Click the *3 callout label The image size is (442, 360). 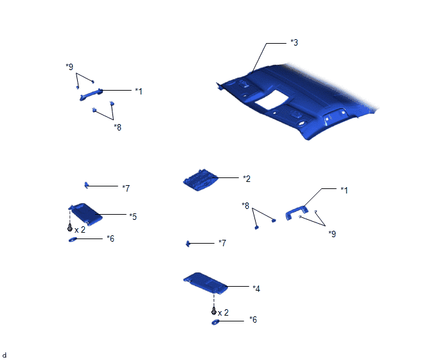coord(294,42)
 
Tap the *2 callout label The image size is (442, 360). coord(247,179)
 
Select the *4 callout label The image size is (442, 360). coord(256,289)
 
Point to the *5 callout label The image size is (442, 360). coord(133,217)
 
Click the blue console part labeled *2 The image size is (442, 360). coord(200,180)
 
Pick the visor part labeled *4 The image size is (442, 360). coord(206,283)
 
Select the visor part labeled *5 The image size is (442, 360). coord(85,214)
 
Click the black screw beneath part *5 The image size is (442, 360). coord(70,228)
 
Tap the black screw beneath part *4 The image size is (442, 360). coord(214,311)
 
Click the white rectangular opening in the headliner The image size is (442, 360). coord(272,100)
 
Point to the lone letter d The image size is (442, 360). coord(4,355)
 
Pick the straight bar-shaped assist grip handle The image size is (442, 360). coord(91,94)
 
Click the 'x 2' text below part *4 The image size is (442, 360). coord(223,312)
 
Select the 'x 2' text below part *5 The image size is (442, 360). coord(80,230)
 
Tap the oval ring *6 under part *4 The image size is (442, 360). coord(215,322)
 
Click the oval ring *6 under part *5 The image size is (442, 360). coord(73,240)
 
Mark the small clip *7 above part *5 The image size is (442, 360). coord(86,185)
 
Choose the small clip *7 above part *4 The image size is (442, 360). coord(188,243)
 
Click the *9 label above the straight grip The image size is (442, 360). coord(69,67)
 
